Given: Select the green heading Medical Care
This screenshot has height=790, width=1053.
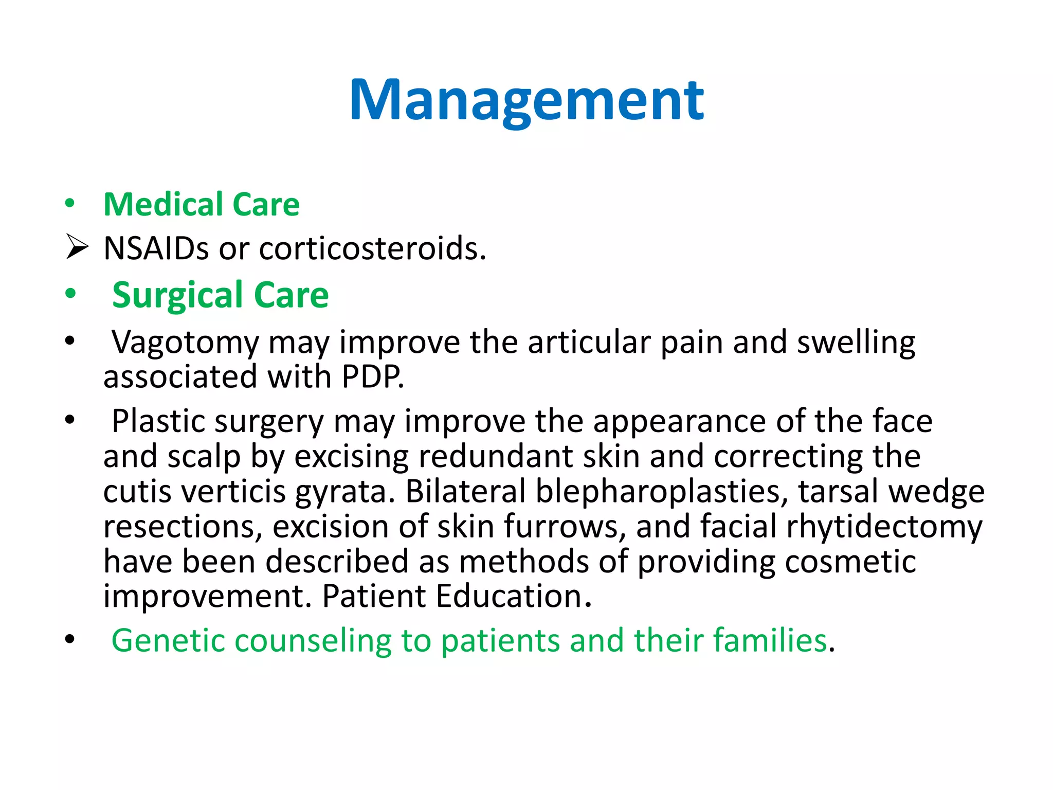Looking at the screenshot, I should coord(201,205).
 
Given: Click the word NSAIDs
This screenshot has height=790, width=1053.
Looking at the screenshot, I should coord(156,248).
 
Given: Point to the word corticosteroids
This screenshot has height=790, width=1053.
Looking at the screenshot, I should coord(372,248).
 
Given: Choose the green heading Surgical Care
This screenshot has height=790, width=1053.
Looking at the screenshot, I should coord(221,295).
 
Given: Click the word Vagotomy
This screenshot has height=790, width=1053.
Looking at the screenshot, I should coord(185,343).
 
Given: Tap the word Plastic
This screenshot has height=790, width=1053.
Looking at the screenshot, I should coord(158,421).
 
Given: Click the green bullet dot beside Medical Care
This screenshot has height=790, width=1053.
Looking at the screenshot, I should coord(70,204).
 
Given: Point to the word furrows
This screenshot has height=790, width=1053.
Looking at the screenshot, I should coord(564,527).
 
